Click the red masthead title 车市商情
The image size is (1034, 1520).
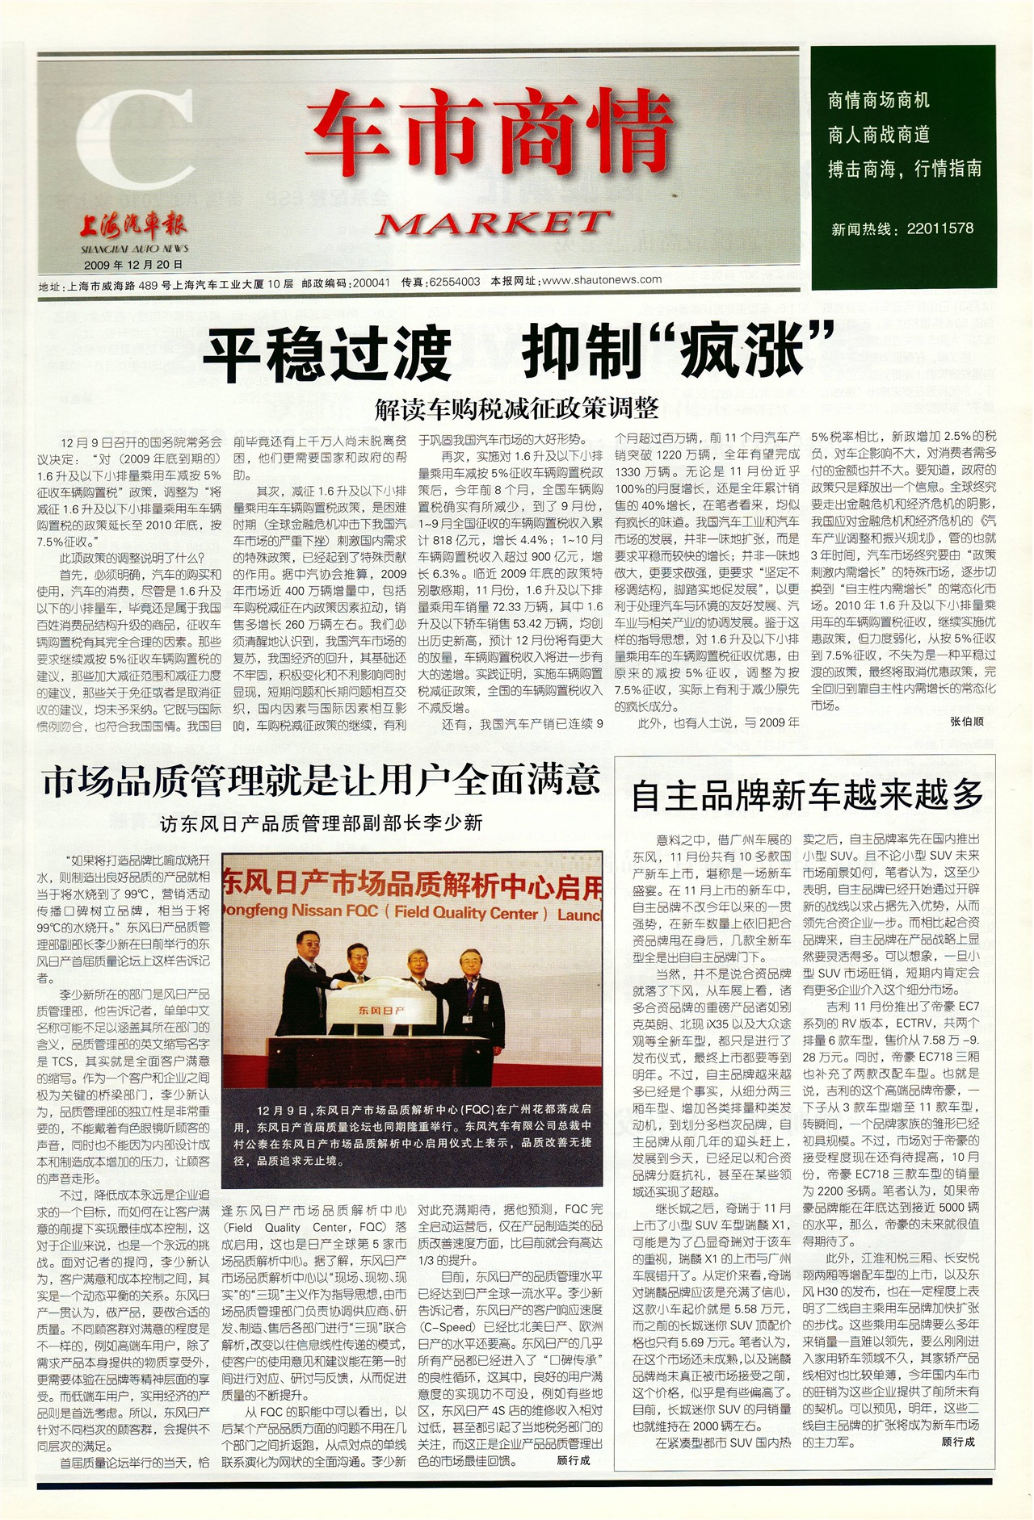point(489,133)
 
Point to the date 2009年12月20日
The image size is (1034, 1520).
point(133,264)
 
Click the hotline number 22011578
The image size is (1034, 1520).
point(939,228)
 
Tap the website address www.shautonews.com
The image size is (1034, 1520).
point(602,280)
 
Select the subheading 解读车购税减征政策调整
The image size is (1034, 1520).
point(516,408)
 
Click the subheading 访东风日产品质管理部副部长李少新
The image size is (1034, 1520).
point(322,823)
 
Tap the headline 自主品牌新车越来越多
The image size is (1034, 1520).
point(806,795)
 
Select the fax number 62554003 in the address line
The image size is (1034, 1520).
point(454,283)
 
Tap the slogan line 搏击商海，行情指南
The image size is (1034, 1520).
point(905,169)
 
